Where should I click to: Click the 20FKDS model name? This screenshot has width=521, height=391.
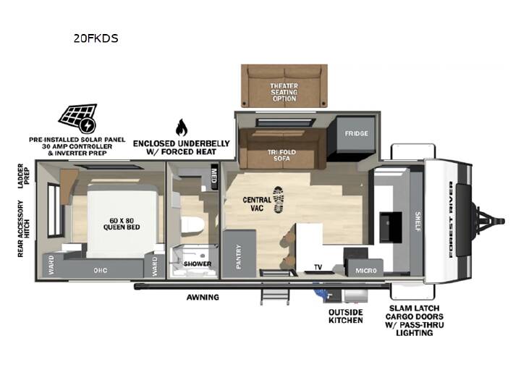tap(96, 38)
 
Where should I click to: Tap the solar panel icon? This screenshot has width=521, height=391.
tap(78, 118)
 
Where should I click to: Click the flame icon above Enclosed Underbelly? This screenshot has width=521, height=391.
tap(182, 127)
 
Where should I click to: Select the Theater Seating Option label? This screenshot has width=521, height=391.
tap(284, 92)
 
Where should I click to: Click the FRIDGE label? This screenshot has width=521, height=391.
tap(356, 133)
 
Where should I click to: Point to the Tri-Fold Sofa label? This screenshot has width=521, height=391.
tap(281, 155)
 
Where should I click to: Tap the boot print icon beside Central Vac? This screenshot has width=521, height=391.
tap(279, 200)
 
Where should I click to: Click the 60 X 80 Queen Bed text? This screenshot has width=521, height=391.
tap(122, 224)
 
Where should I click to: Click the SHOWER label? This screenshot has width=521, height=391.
tap(198, 264)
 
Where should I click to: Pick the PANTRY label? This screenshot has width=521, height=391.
tap(239, 256)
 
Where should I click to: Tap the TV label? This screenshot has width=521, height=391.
tap(318, 267)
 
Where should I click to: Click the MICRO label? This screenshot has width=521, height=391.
tap(366, 271)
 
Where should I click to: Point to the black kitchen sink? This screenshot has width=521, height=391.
tap(391, 227)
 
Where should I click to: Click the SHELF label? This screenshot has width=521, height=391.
tap(418, 222)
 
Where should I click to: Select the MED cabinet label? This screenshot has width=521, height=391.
tap(214, 175)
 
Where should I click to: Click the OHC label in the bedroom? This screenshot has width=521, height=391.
tap(101, 270)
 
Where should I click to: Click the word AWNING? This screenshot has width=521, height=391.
tap(203, 298)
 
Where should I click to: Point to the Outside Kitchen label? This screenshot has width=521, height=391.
tap(346, 316)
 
